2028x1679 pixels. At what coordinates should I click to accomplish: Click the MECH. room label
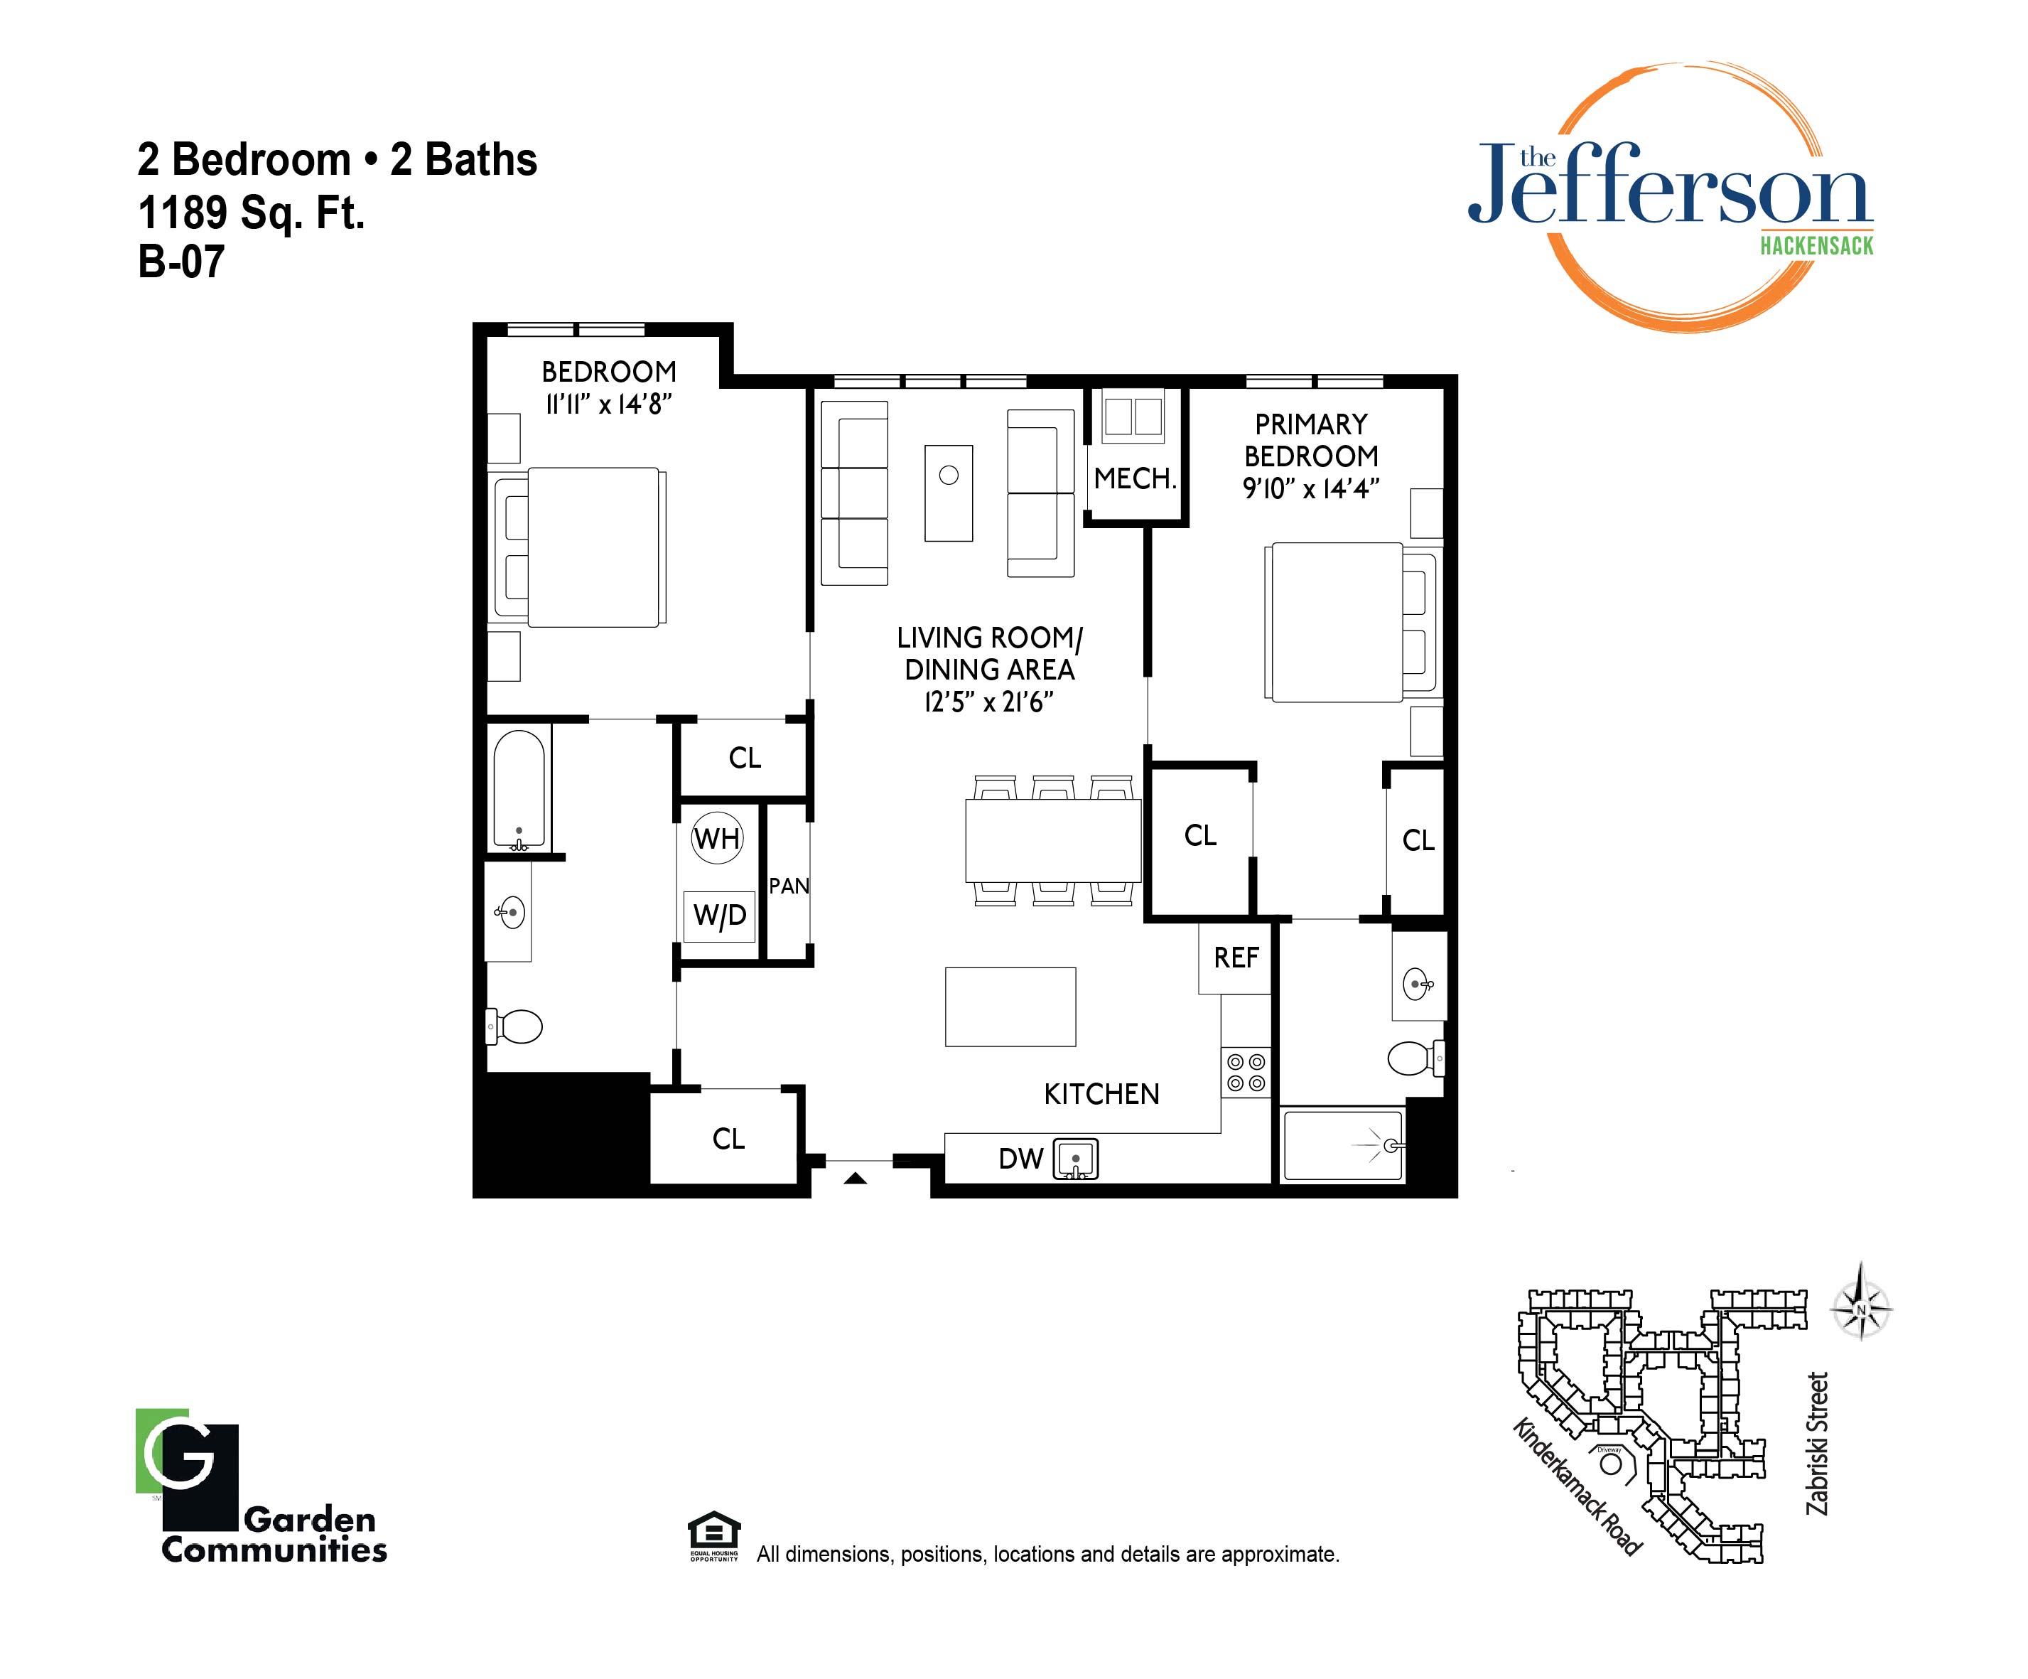pos(1135,478)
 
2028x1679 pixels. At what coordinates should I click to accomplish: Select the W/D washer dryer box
pos(719,914)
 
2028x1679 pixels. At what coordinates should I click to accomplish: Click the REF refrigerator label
pos(1236,957)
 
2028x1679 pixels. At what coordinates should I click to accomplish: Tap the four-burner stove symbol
pos(1246,1073)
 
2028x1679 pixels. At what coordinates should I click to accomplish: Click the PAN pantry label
pos(789,886)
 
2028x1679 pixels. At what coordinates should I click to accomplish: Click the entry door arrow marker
pos(856,1178)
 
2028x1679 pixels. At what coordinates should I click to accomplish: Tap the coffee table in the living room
pos(949,493)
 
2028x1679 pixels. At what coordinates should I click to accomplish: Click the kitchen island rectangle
pos(1010,1007)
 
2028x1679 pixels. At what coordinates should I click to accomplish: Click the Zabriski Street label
pos(1818,1443)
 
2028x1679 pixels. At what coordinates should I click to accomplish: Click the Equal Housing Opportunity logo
pos(713,1536)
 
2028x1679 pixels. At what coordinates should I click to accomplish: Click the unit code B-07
pos(182,262)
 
